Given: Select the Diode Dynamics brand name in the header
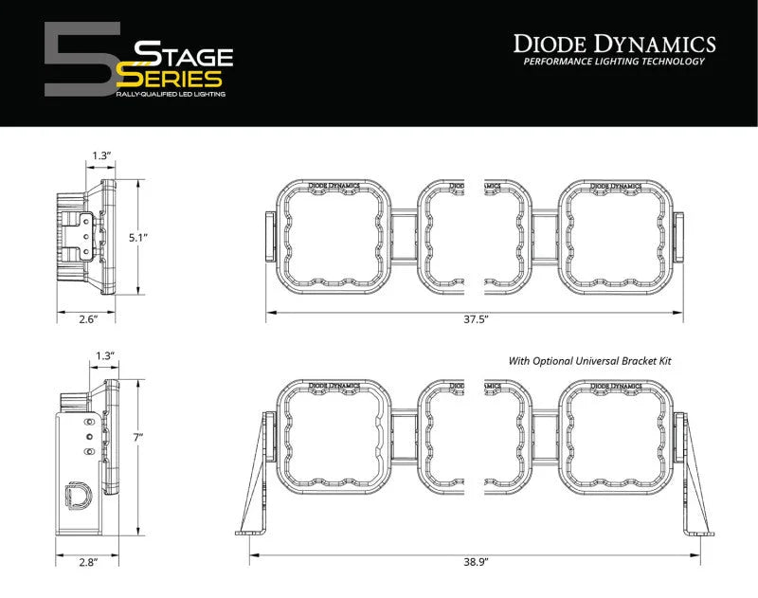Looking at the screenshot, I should (x=614, y=43).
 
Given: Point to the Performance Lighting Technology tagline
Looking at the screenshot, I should (x=614, y=62).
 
